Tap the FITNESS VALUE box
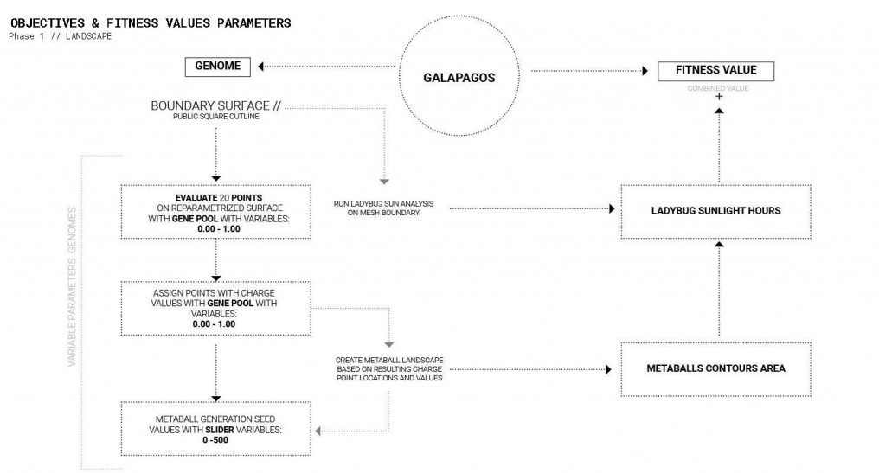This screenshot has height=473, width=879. [716, 71]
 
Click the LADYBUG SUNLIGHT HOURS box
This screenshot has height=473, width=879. [715, 210]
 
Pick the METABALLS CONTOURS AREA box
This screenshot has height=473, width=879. [715, 368]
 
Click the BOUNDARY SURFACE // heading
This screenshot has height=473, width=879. [216, 106]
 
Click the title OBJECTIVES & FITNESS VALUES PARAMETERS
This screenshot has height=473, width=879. [150, 22]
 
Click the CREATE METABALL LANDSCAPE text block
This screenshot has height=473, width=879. [388, 368]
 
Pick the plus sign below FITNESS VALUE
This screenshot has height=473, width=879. [717, 99]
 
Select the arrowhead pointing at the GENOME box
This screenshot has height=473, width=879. [263, 67]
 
